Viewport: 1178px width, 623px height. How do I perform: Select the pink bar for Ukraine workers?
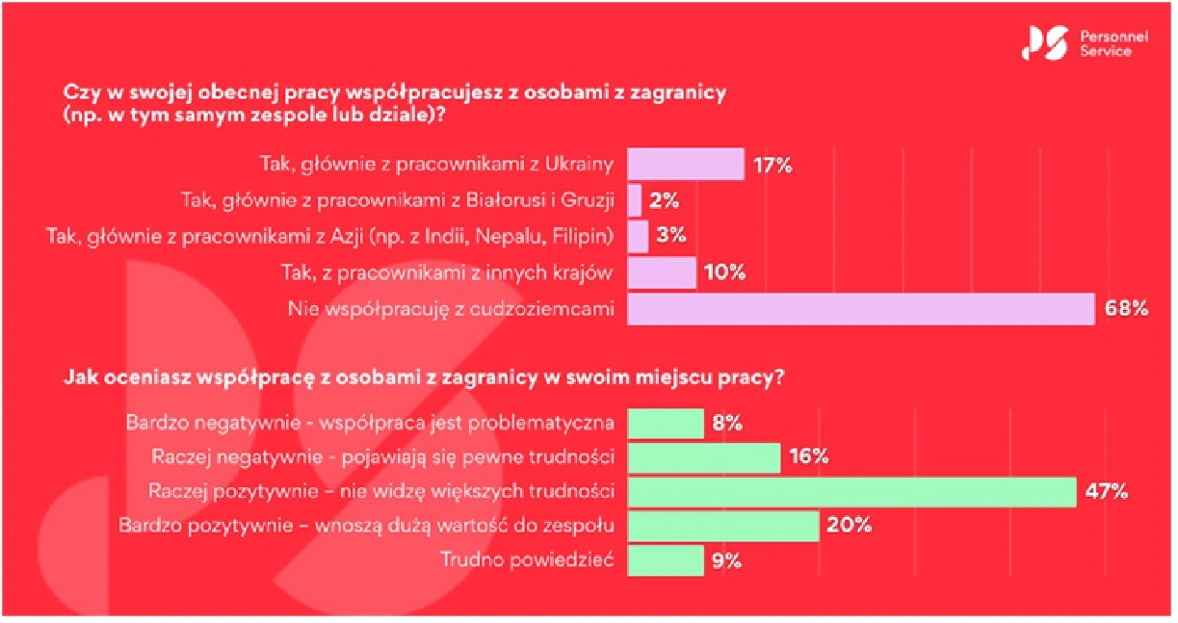click(685, 164)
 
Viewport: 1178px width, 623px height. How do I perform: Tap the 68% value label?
click(1125, 309)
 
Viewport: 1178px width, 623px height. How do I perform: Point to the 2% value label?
click(665, 201)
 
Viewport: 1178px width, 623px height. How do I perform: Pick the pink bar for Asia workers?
click(638, 237)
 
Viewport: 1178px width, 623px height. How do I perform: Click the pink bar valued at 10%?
click(662, 273)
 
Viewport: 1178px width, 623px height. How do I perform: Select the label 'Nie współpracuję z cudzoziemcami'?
click(451, 309)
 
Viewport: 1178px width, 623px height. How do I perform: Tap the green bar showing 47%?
click(851, 491)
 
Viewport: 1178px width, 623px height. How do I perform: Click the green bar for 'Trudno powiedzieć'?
click(666, 560)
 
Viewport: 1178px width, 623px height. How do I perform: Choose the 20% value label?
click(850, 526)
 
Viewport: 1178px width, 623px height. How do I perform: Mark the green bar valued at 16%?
click(703, 457)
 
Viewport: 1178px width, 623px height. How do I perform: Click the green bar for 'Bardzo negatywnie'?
click(666, 423)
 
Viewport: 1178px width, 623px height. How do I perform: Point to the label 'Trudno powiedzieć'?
click(527, 560)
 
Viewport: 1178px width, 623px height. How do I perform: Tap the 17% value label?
click(772, 165)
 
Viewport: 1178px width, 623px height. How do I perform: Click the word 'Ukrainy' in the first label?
click(581, 165)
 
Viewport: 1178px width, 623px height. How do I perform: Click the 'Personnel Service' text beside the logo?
click(1105, 44)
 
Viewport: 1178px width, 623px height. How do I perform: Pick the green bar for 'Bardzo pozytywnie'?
click(722, 526)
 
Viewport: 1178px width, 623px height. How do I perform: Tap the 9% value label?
click(726, 561)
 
